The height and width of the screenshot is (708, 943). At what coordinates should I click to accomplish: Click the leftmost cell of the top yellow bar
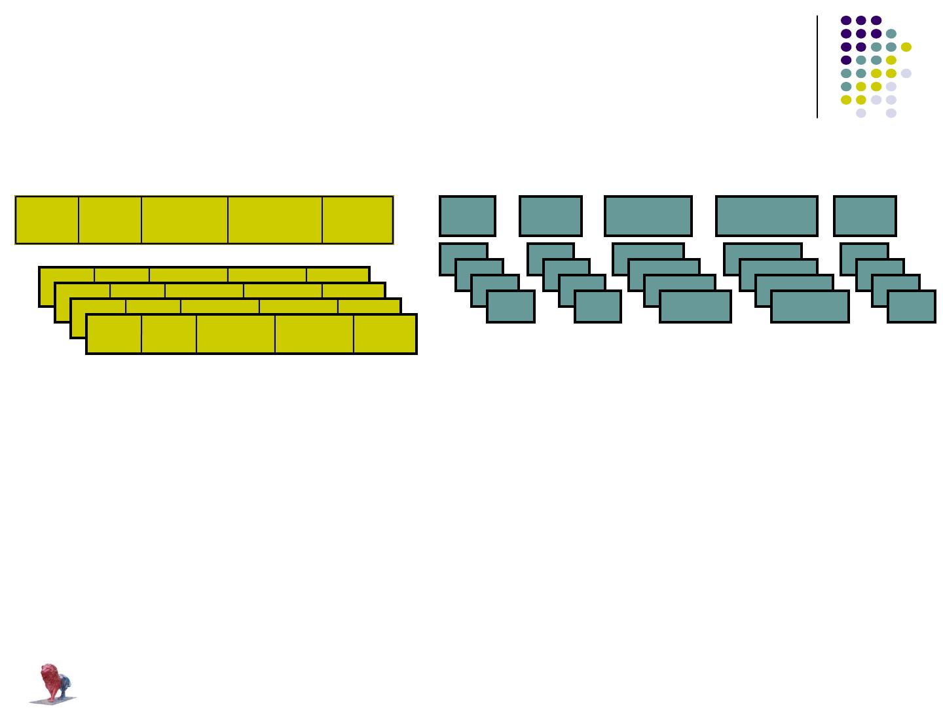pos(46,219)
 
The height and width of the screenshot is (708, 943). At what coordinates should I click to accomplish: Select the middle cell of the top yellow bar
pos(185,219)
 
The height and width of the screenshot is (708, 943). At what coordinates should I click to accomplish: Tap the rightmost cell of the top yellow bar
pos(358,219)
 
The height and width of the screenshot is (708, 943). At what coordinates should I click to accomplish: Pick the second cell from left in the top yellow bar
pos(110,219)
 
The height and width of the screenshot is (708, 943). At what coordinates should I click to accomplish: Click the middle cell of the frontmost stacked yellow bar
pos(236,334)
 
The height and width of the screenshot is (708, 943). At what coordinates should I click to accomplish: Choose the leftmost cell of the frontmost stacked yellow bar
pos(114,334)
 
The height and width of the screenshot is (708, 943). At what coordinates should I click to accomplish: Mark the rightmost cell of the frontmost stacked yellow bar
pos(385,334)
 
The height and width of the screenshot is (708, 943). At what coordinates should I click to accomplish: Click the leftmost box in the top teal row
pos(468,215)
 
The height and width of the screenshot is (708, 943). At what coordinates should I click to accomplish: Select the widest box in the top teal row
pos(767,215)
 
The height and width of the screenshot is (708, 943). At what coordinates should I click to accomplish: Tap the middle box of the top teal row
pos(648,215)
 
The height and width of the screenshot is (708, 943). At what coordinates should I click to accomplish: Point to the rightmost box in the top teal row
pos(865,215)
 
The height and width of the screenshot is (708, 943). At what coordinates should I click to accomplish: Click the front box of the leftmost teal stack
pos(511,307)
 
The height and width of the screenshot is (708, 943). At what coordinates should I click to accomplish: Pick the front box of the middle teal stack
pos(695,307)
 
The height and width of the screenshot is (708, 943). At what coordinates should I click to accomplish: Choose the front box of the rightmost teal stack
pos(912,307)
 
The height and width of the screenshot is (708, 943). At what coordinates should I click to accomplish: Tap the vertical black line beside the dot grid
pos(817,66)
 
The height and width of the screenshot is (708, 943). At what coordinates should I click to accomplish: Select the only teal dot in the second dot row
pos(891,33)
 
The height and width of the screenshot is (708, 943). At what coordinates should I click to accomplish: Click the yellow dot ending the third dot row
pos(906,47)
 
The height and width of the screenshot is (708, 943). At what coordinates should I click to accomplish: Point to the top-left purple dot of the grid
pos(846,20)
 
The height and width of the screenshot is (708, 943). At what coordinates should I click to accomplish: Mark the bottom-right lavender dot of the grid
pos(891,113)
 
